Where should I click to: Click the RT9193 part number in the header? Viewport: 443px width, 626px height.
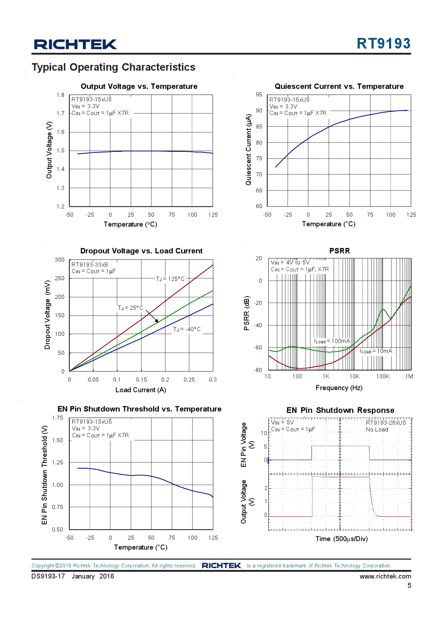(383, 44)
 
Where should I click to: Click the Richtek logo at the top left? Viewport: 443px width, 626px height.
(75, 44)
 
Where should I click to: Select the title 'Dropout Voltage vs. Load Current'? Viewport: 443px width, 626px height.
(141, 251)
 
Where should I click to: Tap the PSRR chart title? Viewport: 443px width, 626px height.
(339, 251)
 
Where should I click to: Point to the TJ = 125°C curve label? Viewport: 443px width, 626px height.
(170, 279)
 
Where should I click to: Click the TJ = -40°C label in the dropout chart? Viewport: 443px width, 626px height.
(187, 329)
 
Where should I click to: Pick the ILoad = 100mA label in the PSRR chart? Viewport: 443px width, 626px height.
(332, 341)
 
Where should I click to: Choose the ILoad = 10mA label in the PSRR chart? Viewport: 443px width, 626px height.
(376, 351)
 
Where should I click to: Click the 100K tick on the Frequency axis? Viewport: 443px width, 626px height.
(383, 376)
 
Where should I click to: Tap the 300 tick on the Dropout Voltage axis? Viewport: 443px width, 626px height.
(60, 260)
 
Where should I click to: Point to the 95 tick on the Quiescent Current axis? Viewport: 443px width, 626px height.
(259, 95)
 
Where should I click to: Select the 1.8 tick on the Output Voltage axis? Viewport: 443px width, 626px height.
(60, 95)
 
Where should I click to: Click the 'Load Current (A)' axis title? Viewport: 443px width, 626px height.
(141, 390)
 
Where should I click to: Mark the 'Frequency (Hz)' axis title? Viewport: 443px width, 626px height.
(339, 388)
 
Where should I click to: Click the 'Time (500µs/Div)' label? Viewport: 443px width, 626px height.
(341, 539)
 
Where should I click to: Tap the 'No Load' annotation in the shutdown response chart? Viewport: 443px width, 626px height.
(377, 430)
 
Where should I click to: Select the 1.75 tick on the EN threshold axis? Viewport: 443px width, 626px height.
(58, 418)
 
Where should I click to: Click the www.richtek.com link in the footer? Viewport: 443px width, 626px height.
(385, 576)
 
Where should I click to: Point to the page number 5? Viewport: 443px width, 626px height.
(409, 585)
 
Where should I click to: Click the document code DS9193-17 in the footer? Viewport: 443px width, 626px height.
(48, 576)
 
